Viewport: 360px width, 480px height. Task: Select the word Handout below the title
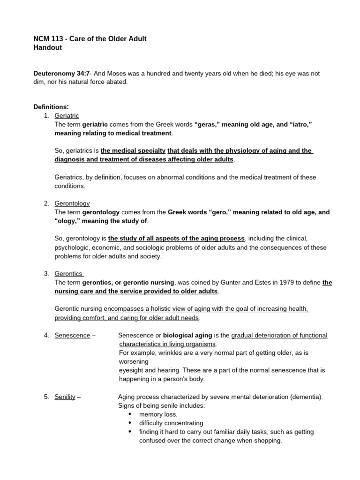pyautogui.click(x=47, y=47)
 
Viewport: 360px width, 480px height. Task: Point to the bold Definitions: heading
pyautogui.click(x=51, y=106)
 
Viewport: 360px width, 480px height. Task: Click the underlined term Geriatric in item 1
pyautogui.click(x=67, y=115)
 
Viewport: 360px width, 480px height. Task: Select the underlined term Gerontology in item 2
pyautogui.click(x=72, y=203)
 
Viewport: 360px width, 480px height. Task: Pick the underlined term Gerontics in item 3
pyautogui.click(x=68, y=273)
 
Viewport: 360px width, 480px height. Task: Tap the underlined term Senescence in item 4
pyautogui.click(x=72, y=335)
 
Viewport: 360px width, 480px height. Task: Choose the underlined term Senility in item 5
pyautogui.click(x=65, y=397)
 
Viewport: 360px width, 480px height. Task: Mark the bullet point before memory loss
pyautogui.click(x=130, y=414)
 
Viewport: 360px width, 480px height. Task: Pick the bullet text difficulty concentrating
pyautogui.click(x=172, y=423)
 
